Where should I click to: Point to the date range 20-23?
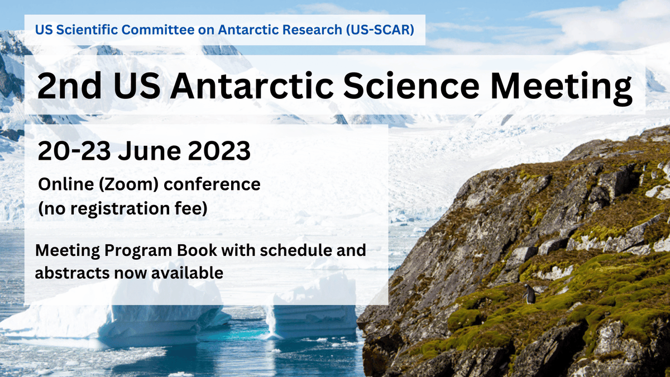[72, 151]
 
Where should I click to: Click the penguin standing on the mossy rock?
[529, 294]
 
